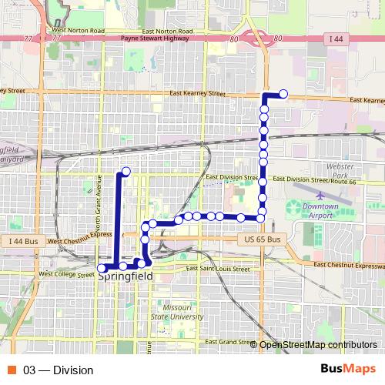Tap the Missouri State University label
178,310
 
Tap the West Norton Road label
78,31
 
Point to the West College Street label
66,273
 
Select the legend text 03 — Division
59,370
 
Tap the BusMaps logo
348,370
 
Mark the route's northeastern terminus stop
283,94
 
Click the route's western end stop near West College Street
102,267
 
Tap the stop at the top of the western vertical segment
126,171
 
